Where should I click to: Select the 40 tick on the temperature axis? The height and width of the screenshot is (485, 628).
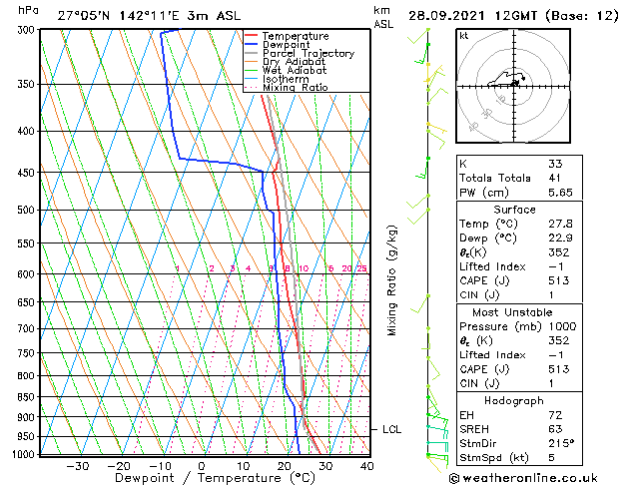(367, 465)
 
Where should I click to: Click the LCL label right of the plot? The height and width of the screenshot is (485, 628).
(392, 429)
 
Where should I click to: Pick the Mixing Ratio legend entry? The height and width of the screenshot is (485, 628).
(295, 88)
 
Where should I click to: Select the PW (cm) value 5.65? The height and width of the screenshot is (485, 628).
(557, 194)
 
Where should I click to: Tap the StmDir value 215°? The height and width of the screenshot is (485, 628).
(560, 443)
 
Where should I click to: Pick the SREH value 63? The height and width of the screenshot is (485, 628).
(555, 428)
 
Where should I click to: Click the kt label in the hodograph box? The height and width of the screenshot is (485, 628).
(464, 36)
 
